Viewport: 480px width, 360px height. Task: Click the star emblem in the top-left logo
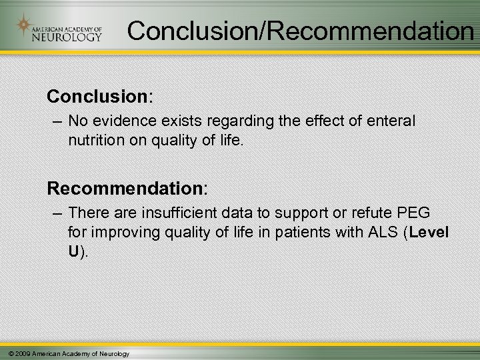[25, 27]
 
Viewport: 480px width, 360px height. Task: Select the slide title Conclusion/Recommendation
[300, 30]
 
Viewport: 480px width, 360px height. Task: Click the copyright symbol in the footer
[6, 353]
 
